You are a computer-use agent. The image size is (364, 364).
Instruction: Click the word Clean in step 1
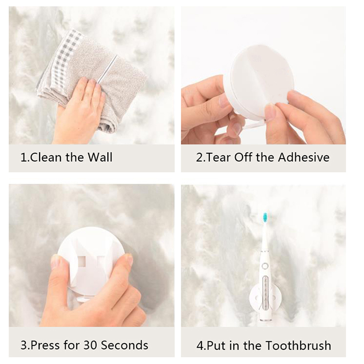coord(46,157)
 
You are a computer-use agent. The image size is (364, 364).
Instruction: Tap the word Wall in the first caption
coord(100,157)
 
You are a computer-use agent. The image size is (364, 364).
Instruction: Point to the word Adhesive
coord(303,157)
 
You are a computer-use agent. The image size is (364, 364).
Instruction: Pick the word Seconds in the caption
coord(125,345)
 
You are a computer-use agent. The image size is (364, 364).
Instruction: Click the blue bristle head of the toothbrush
coord(265,217)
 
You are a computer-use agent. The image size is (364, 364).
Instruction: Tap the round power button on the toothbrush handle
coord(265,266)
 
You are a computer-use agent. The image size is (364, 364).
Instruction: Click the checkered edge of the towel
coord(61,61)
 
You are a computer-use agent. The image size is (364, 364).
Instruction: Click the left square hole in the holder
coord(81,261)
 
